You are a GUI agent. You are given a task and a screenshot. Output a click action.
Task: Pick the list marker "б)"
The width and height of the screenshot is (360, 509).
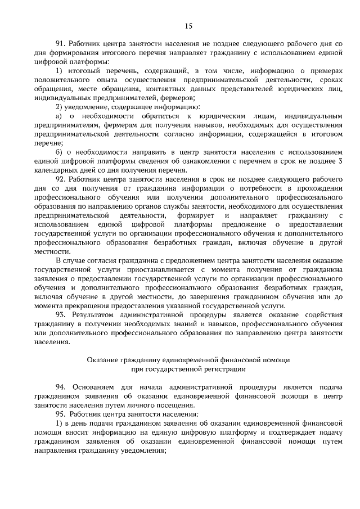[59, 152]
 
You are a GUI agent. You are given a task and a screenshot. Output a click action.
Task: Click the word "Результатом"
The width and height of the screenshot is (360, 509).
[99, 314]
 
